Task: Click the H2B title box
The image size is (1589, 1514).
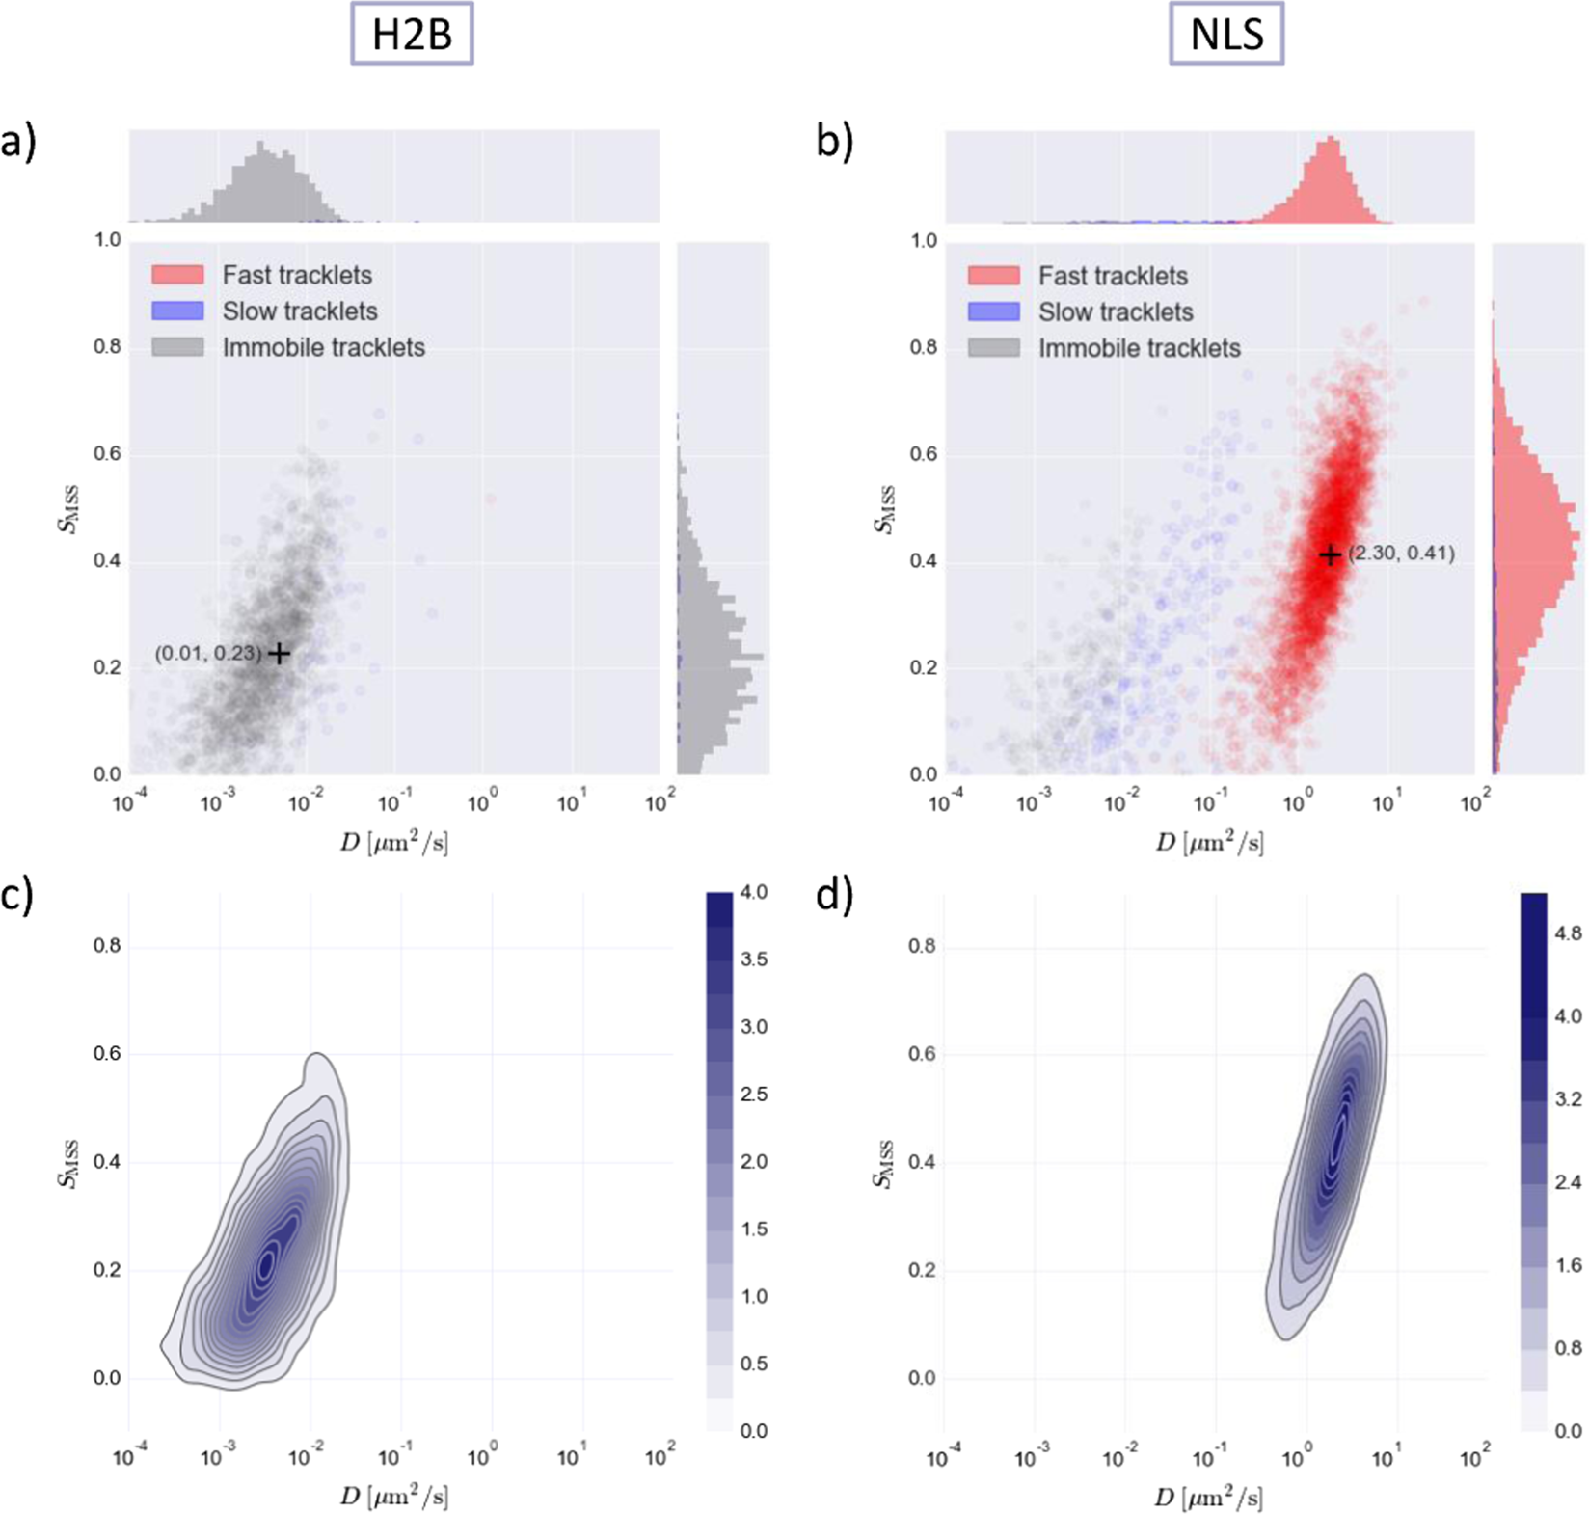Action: click(412, 36)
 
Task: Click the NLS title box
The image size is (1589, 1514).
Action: click(1226, 36)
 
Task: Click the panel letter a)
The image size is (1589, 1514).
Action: click(18, 142)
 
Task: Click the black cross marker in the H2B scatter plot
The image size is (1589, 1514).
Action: click(279, 654)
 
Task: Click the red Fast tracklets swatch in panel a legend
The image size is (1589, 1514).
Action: click(177, 275)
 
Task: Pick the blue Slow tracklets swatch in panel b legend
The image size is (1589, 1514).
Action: click(993, 311)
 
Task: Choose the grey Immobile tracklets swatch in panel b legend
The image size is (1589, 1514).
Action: click(993, 348)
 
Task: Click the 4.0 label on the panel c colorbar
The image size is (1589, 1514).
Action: click(753, 893)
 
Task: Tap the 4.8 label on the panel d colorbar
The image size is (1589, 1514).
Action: click(1568, 933)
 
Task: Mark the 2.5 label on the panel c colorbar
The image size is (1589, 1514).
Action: click(753, 1095)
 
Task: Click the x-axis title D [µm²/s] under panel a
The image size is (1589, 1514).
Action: click(393, 844)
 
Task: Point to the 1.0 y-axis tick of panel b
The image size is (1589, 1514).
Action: click(924, 240)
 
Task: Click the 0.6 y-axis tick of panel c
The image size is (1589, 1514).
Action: click(107, 1054)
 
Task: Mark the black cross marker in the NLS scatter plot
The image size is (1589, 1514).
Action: click(1330, 554)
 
